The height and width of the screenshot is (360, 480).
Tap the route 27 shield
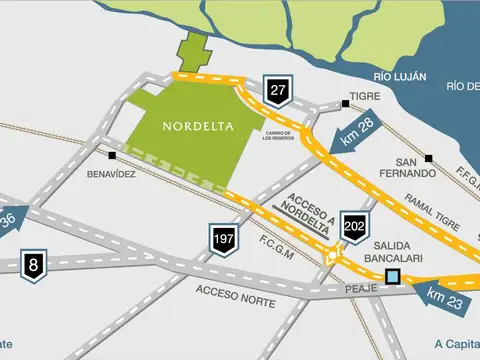(277, 90)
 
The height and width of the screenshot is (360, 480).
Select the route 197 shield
(224, 239)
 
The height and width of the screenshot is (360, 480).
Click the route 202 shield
(354, 226)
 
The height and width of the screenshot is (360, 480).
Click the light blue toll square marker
(393, 277)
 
